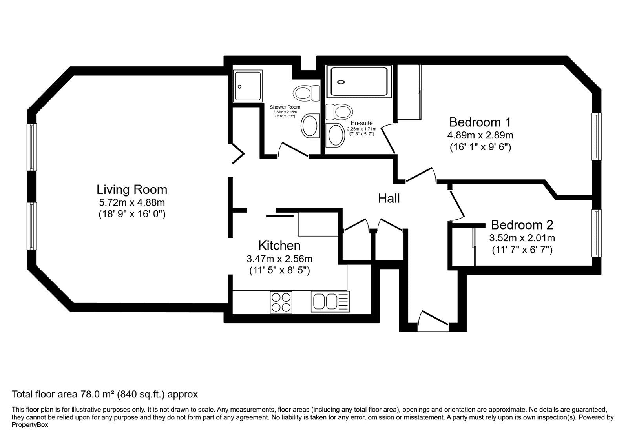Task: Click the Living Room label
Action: click(x=132, y=189)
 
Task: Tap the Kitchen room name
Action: click(x=279, y=246)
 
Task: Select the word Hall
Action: click(x=389, y=199)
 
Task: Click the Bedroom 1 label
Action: click(x=480, y=122)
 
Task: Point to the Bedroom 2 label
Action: click(x=522, y=225)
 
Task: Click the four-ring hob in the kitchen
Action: click(x=281, y=302)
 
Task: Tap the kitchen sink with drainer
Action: click(x=330, y=302)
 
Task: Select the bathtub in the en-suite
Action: click(x=359, y=82)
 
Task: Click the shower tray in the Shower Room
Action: click(x=248, y=86)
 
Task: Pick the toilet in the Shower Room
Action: click(x=307, y=93)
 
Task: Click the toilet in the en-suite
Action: click(x=339, y=111)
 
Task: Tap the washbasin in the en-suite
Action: click(x=335, y=135)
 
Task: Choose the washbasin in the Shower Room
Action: click(x=310, y=126)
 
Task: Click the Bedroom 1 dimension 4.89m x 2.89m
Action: click(x=480, y=135)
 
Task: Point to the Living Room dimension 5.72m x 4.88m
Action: click(x=132, y=202)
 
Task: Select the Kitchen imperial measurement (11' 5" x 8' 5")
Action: click(x=279, y=271)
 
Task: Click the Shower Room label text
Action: click(x=285, y=107)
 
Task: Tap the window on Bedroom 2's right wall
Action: click(x=596, y=233)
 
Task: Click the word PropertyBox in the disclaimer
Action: click(x=30, y=425)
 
